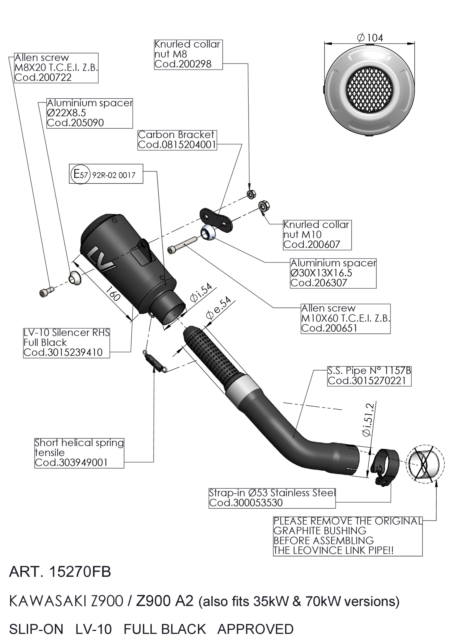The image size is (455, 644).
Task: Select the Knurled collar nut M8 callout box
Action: click(188, 54)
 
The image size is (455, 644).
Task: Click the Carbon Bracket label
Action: click(177, 140)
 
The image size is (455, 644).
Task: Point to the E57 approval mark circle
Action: click(80, 174)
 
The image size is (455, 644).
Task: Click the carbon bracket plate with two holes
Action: click(216, 220)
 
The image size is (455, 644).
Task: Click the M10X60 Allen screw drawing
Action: click(182, 245)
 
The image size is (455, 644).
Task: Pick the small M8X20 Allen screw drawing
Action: click(46, 291)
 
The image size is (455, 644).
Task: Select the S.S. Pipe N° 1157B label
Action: click(369, 376)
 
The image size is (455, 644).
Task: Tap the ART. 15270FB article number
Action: click(60, 572)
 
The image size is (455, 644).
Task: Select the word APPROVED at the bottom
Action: click(255, 629)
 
